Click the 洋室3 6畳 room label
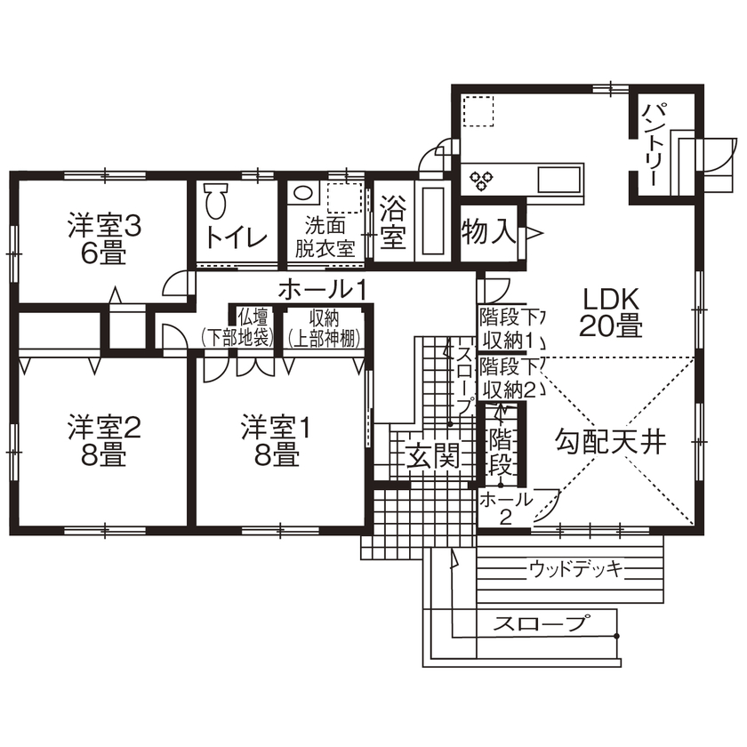click(105, 239)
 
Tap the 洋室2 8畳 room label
click(105, 441)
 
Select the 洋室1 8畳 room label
click(277, 441)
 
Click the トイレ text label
click(236, 237)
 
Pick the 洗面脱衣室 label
click(325, 237)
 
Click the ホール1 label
click(323, 288)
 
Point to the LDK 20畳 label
click(611, 311)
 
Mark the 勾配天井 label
click(611, 441)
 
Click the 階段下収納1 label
click(505, 328)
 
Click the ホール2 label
click(503, 509)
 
